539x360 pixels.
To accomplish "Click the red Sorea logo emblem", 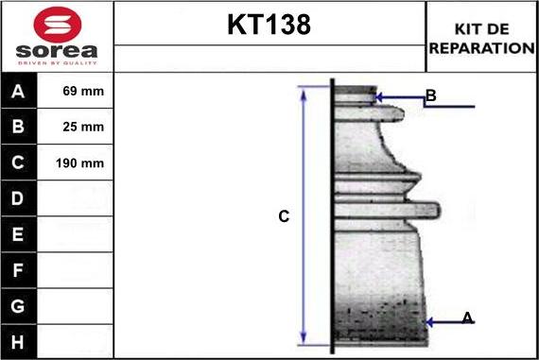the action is (x=58, y=25).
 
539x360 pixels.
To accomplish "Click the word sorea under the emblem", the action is (x=57, y=51).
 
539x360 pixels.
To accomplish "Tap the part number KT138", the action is (x=269, y=25).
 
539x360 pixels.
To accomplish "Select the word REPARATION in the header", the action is (x=482, y=48).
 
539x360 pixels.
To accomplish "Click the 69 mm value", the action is (x=83, y=91).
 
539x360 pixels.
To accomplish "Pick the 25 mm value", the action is (x=83, y=127).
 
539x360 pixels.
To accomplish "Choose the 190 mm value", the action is (x=79, y=163).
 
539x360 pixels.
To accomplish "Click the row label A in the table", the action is (x=18, y=92).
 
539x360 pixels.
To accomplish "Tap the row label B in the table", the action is (x=18, y=127).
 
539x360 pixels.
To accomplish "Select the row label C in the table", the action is (x=18, y=163).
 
